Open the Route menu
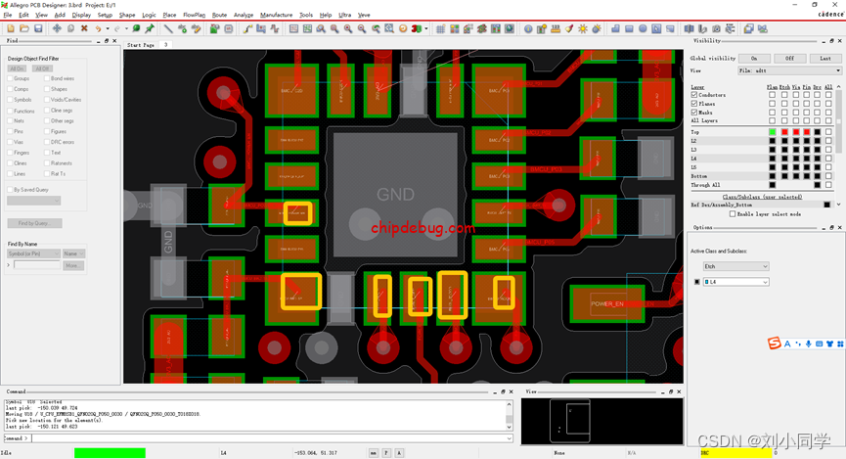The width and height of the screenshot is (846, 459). pyautogui.click(x=219, y=16)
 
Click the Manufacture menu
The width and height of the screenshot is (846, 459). pyautogui.click(x=276, y=16)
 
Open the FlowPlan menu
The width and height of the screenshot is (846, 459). pyautogui.click(x=194, y=16)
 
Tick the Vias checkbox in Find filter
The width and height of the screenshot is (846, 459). pyautogui.click(x=10, y=143)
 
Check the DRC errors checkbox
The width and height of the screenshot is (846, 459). pyautogui.click(x=47, y=143)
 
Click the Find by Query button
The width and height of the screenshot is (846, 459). pyautogui.click(x=33, y=223)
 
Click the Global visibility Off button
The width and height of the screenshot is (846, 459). pyautogui.click(x=790, y=59)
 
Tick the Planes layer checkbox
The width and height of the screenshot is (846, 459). pyautogui.click(x=694, y=104)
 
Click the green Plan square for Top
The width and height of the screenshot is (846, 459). pyautogui.click(x=773, y=131)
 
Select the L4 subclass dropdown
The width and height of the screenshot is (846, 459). pyautogui.click(x=736, y=282)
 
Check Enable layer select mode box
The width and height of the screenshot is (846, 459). pyautogui.click(x=733, y=213)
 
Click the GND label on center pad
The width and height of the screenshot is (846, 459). pyautogui.click(x=395, y=195)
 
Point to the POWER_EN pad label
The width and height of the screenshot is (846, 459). pyautogui.click(x=606, y=304)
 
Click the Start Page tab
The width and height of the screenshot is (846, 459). pyautogui.click(x=141, y=45)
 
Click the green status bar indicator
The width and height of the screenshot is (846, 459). pyautogui.click(x=110, y=453)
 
